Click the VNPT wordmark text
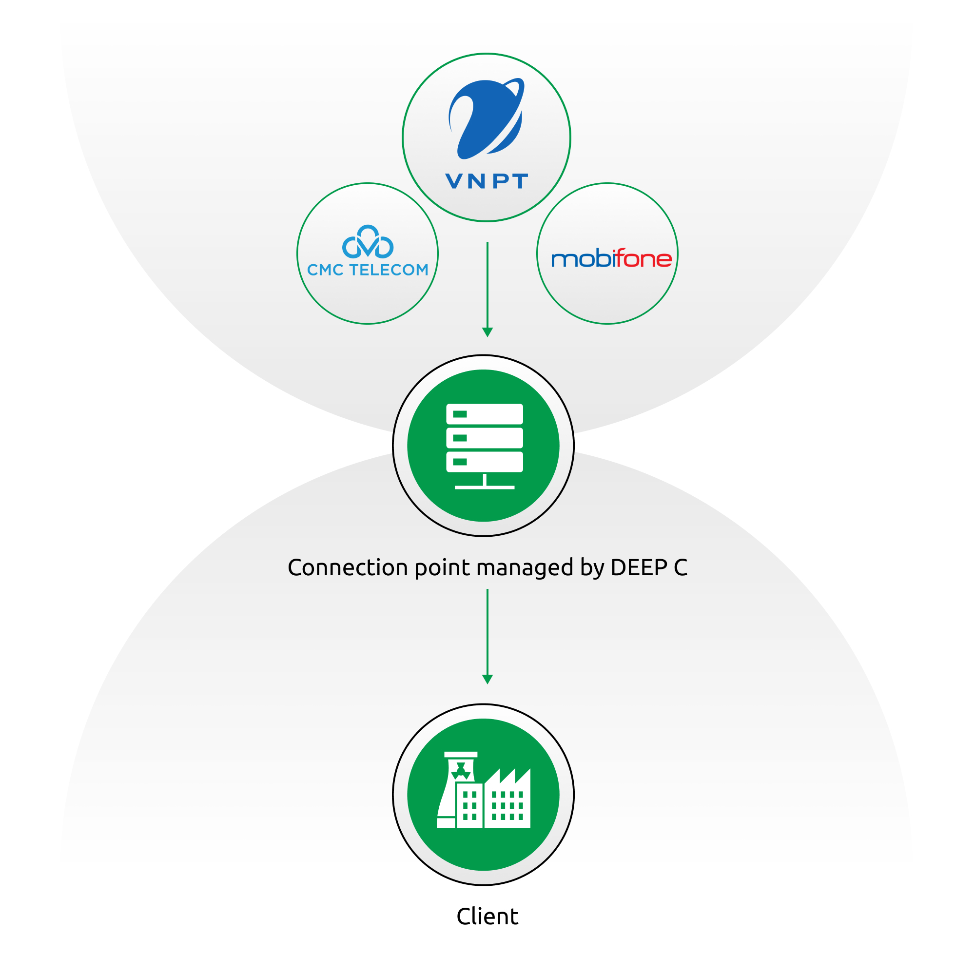click(487, 181)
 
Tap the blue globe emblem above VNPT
click(486, 119)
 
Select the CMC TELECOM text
click(368, 270)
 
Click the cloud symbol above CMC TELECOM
click(368, 242)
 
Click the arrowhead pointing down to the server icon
click(487, 332)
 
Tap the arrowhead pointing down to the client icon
click(487, 679)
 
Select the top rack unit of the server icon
click(485, 414)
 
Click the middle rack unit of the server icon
click(485, 438)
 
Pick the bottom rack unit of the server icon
click(485, 461)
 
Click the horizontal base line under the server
click(485, 487)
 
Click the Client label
click(487, 916)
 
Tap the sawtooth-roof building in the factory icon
click(507, 802)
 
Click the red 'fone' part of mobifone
click(643, 259)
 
